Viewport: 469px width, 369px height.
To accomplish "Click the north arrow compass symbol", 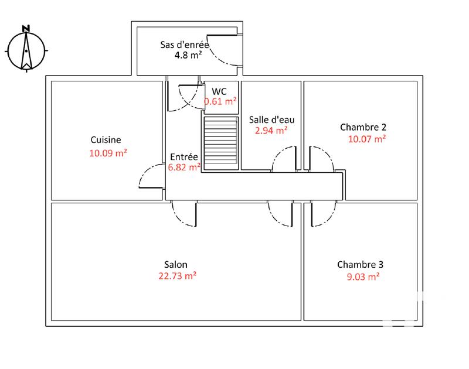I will [26, 52].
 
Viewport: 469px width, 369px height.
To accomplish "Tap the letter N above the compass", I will [26, 28].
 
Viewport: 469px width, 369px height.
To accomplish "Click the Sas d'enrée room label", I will [185, 45].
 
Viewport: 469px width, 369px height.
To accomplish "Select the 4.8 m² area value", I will [189, 56].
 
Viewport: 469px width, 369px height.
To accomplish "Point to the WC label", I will [220, 91].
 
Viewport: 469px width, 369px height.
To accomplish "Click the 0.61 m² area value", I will [220, 101].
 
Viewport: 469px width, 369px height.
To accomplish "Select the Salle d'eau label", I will [268, 119].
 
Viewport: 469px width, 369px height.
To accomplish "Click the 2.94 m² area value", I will [270, 131].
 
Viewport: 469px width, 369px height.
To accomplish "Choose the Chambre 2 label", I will [363, 127].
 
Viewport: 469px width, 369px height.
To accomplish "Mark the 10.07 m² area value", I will [366, 139].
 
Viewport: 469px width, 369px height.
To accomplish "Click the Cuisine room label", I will [106, 140].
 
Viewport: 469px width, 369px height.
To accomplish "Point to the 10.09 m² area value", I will [108, 153].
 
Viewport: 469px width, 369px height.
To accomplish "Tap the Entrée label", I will [184, 156].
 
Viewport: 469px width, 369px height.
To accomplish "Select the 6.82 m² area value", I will [185, 167].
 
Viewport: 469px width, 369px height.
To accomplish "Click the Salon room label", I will [176, 265].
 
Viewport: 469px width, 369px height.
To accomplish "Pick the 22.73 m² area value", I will [177, 276].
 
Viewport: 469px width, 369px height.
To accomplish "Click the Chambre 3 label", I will [361, 265].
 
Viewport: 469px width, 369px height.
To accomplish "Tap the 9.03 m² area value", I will [363, 277].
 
